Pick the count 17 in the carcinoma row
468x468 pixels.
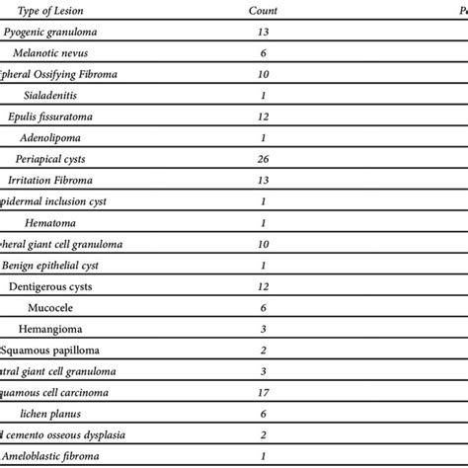point(262,392)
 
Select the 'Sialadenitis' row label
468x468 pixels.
point(56,96)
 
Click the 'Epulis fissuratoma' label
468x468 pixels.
point(56,117)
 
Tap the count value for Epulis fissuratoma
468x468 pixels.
point(262,117)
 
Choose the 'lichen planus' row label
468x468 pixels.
point(56,413)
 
